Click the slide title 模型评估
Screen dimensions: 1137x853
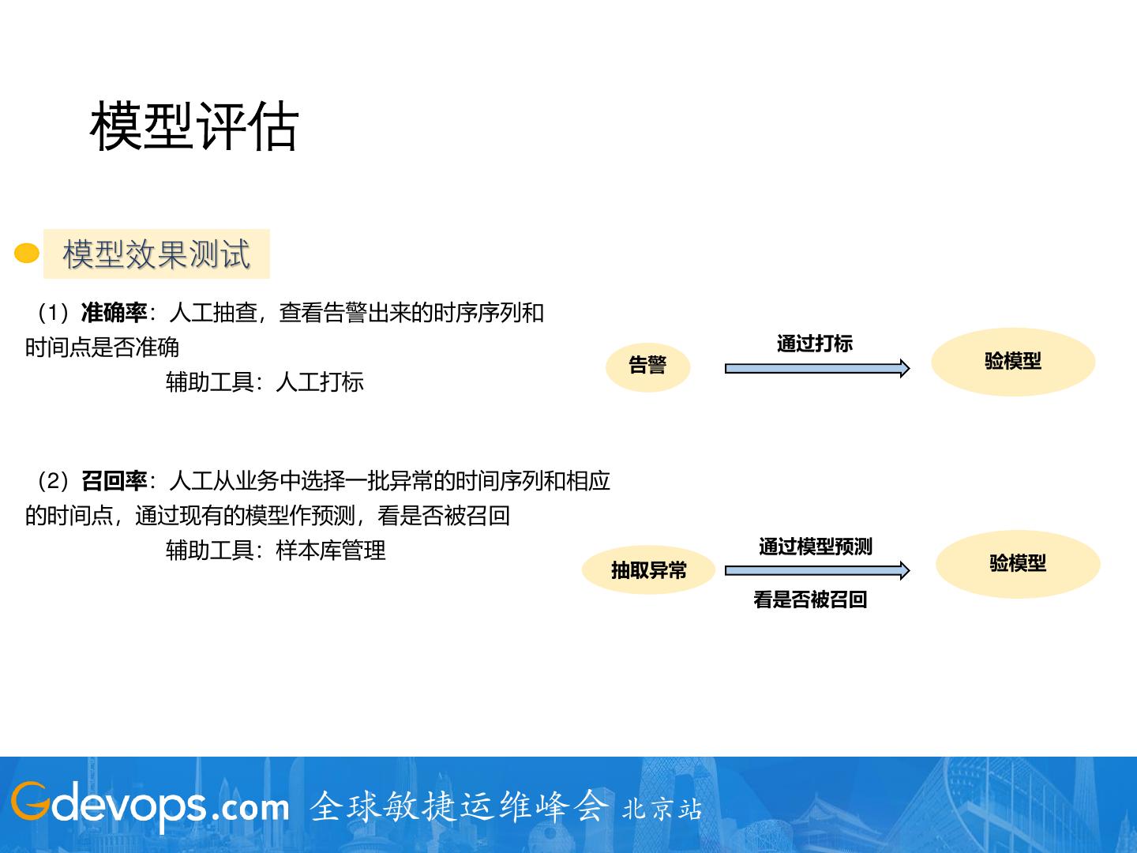coord(194,126)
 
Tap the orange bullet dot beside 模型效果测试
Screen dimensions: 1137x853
coord(27,254)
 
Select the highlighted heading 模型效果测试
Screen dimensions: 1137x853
coord(156,254)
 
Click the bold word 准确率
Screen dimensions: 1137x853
coord(114,313)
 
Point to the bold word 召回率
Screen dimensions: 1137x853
coord(114,481)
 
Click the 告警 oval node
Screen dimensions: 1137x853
coord(648,366)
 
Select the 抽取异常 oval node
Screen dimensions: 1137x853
coord(648,569)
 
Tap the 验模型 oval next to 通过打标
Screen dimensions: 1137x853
coord(1013,362)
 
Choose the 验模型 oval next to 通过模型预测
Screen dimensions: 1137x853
coord(1018,564)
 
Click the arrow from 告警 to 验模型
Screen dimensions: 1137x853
coord(816,368)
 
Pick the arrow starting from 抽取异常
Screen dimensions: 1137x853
coord(816,571)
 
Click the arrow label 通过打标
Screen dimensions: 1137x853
coord(815,344)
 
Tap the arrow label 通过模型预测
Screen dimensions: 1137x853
coord(816,547)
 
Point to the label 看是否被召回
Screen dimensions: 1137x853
coord(810,600)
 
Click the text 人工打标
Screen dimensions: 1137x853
coord(320,382)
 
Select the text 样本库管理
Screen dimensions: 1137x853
coord(331,551)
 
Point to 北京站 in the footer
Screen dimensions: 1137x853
coord(662,810)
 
